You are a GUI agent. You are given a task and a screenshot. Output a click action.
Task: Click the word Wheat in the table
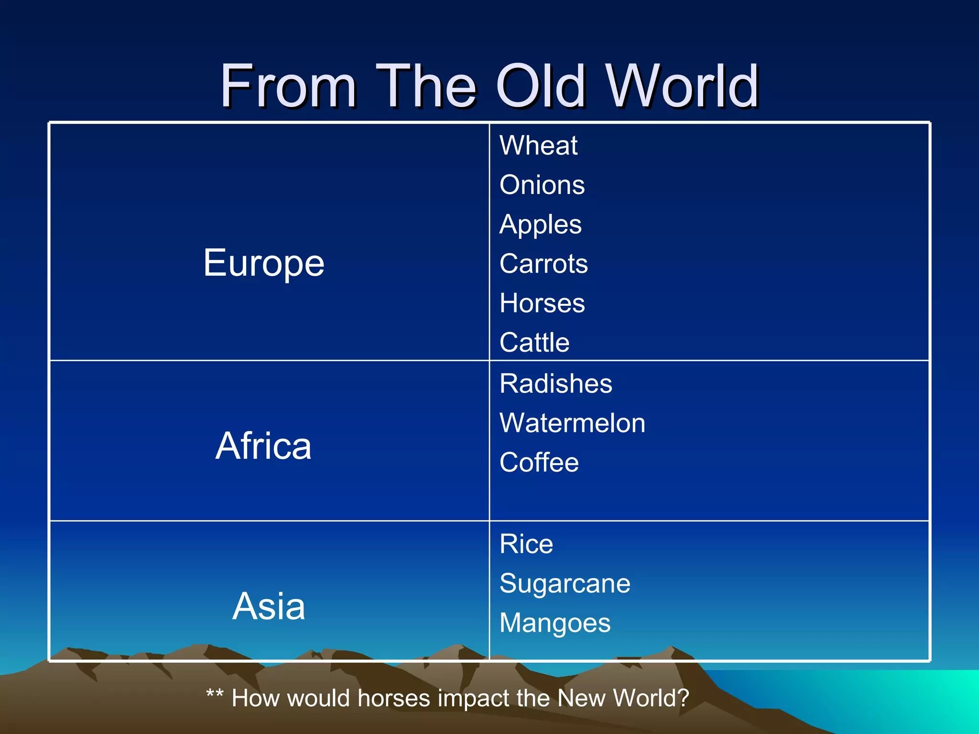[x=538, y=145]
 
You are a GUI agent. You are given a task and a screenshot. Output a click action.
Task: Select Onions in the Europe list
[x=542, y=185]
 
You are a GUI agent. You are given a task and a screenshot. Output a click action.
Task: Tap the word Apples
[x=541, y=225]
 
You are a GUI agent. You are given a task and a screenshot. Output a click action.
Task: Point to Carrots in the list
[x=544, y=264]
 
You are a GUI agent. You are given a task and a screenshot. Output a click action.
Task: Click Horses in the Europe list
[x=542, y=303]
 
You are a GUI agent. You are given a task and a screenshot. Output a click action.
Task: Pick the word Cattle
[x=534, y=343]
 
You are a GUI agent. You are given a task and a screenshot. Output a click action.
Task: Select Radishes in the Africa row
[x=555, y=384]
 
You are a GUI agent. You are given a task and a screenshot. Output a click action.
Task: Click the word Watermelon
[x=572, y=423]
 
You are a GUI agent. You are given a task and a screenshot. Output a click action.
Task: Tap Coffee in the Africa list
[x=539, y=463]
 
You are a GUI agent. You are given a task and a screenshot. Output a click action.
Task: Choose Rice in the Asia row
[x=526, y=544]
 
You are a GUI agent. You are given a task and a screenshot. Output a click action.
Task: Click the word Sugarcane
[x=565, y=583]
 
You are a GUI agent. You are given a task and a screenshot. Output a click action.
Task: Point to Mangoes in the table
[x=555, y=623]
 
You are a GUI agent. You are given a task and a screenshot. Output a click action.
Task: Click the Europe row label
[x=264, y=263]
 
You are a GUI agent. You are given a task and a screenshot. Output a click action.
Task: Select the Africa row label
[x=263, y=446]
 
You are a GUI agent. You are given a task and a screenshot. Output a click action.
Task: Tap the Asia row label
[x=269, y=606]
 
